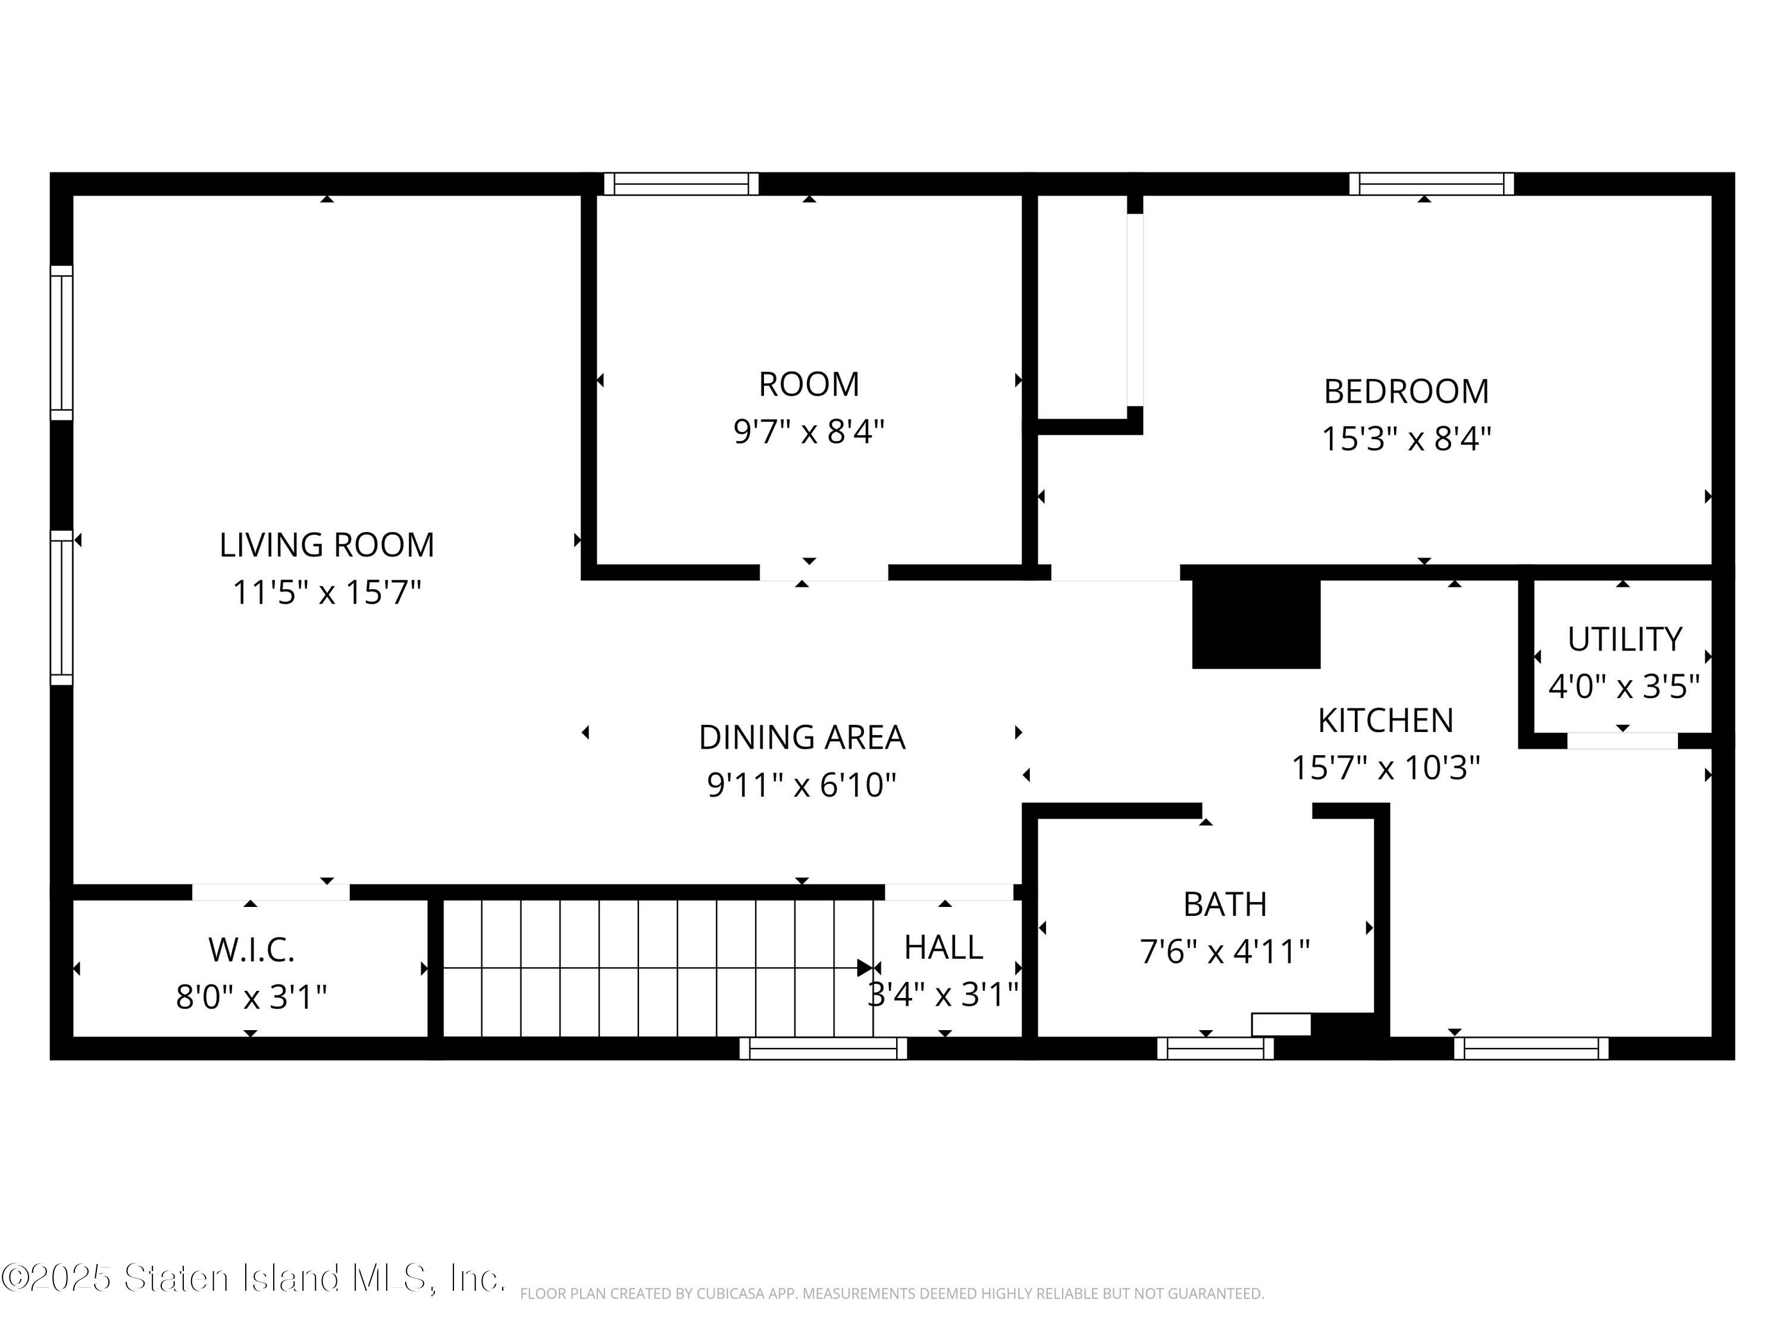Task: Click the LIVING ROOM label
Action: pos(327,545)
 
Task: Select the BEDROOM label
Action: pos(1406,392)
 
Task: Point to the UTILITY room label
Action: pos(1624,639)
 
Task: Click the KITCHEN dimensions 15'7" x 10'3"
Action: pos(1386,768)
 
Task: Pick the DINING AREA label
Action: pos(802,737)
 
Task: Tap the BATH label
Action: pos(1225,904)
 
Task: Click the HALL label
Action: pos(943,947)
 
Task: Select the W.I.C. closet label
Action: pos(251,950)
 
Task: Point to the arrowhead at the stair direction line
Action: pos(865,968)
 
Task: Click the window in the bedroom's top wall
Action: pos(1432,184)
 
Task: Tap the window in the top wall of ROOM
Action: pos(681,184)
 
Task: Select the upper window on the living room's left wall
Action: pos(61,343)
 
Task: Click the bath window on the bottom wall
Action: pos(1215,1049)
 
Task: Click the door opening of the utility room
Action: pos(1622,741)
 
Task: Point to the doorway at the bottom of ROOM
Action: pos(824,572)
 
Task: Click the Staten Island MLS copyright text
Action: pos(253,1278)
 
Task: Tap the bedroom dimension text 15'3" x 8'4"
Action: pos(1406,440)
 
